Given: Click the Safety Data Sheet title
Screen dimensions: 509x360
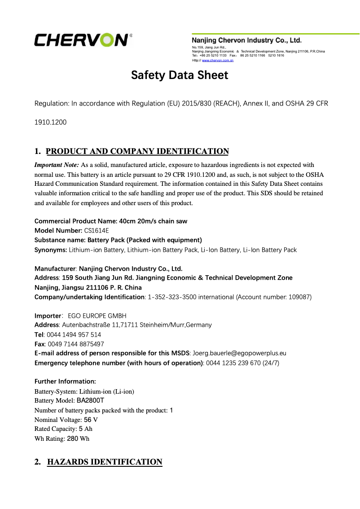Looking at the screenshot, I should coord(180,75).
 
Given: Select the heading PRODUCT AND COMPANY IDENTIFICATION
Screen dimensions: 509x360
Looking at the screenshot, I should coord(137,151).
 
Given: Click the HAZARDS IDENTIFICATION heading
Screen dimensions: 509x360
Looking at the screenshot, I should coord(104,462).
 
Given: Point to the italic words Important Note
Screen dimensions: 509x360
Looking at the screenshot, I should coord(57,165).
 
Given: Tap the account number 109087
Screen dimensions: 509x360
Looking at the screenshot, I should coord(299,297).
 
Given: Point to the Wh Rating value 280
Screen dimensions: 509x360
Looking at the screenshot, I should coord(72,439).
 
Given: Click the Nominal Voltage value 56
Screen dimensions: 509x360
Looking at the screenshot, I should coord(88,420).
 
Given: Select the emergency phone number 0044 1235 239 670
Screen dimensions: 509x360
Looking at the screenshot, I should coord(233,363).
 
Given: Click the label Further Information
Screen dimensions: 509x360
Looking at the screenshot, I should coord(65,382).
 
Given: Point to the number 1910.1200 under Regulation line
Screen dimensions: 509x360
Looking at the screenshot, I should coord(51,122).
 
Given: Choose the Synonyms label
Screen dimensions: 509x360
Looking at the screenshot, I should coord(51,250).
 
